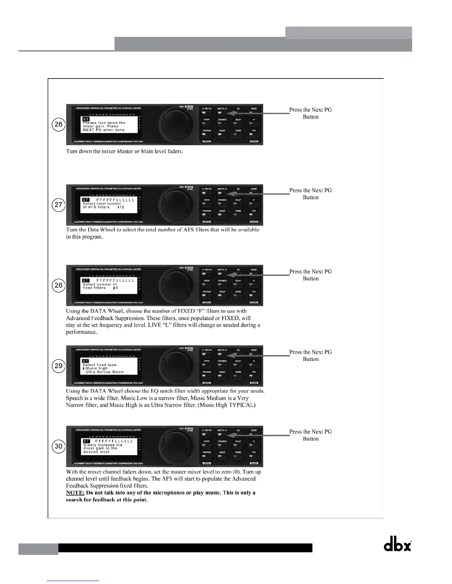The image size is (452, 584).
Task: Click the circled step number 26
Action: click(x=58, y=124)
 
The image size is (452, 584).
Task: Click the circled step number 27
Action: click(x=58, y=205)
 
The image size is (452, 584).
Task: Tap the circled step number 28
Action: click(x=58, y=285)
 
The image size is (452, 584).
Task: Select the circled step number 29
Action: click(x=58, y=366)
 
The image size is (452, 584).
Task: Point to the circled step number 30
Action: click(x=58, y=446)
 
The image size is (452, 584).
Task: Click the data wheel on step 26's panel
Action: click(x=172, y=125)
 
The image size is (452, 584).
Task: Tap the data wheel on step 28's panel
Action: click(x=172, y=285)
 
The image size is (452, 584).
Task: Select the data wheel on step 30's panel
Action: click(x=172, y=446)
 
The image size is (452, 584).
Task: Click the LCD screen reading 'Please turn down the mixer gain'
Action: click(x=108, y=125)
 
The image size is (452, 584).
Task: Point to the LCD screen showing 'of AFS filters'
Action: click(x=108, y=205)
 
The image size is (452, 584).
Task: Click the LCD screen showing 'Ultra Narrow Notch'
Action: click(x=108, y=366)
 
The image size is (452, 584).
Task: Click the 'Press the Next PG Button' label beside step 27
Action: click(x=311, y=194)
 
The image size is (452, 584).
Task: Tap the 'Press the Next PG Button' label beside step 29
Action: click(x=311, y=355)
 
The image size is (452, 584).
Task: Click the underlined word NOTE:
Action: click(x=75, y=493)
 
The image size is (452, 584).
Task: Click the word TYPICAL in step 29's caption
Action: click(x=242, y=405)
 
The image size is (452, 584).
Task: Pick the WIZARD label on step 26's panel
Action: click(x=254, y=142)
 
